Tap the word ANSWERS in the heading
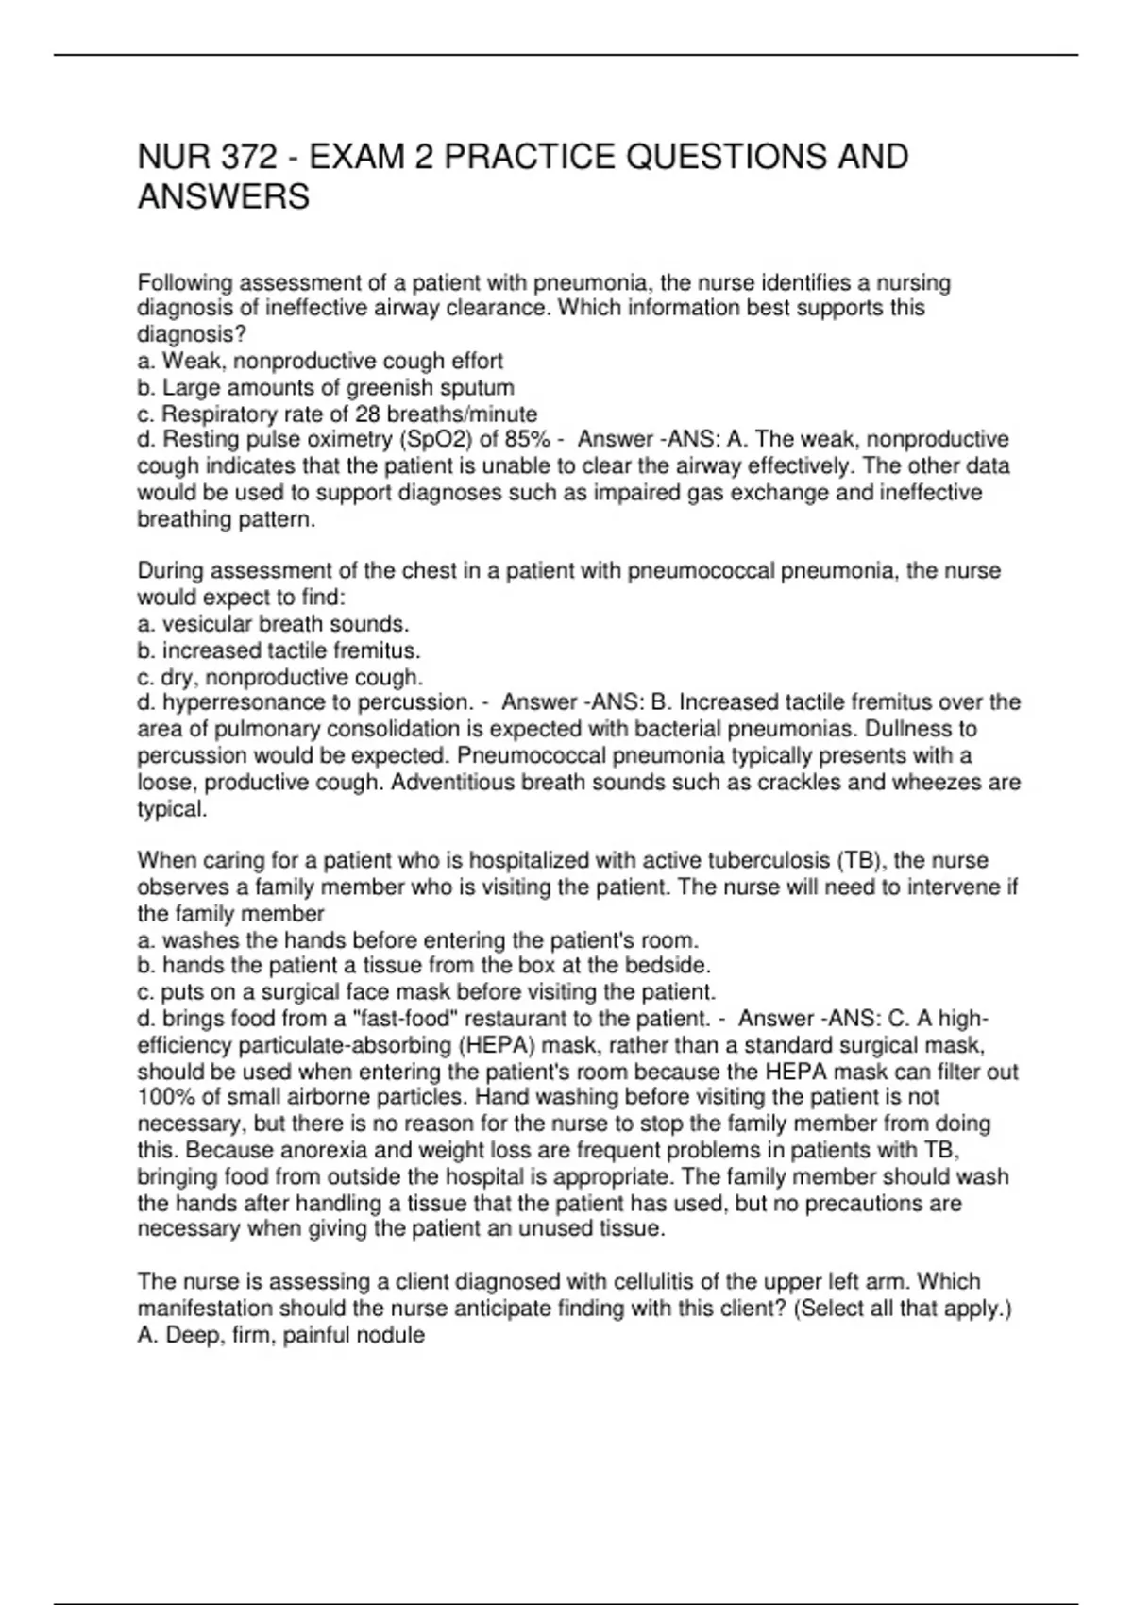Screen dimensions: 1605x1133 pyautogui.click(x=224, y=197)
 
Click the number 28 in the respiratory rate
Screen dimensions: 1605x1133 pyautogui.click(x=366, y=414)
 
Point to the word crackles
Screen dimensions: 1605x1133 pyautogui.click(x=863, y=782)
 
